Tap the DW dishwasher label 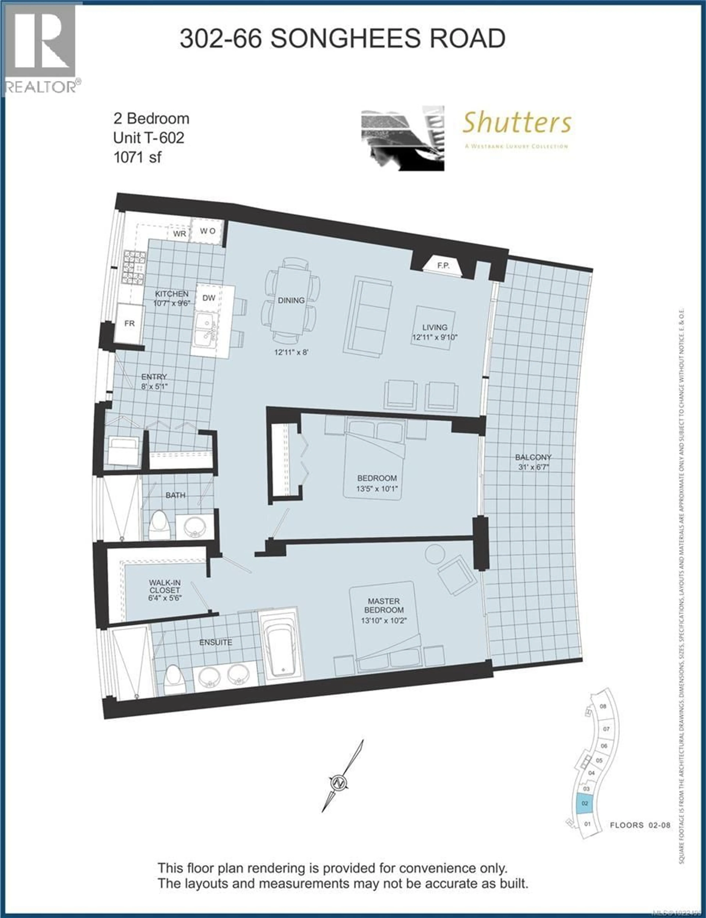209,298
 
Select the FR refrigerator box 130,323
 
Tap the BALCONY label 533,457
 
